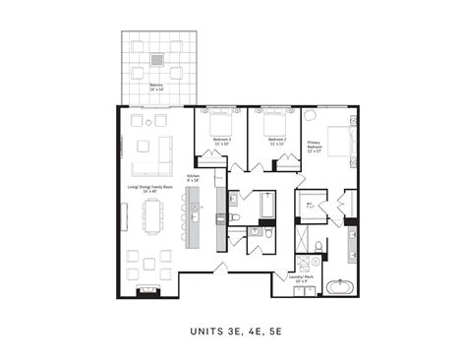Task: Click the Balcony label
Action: (x=156, y=88)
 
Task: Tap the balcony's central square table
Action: (x=156, y=60)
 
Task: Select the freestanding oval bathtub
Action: (x=341, y=288)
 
